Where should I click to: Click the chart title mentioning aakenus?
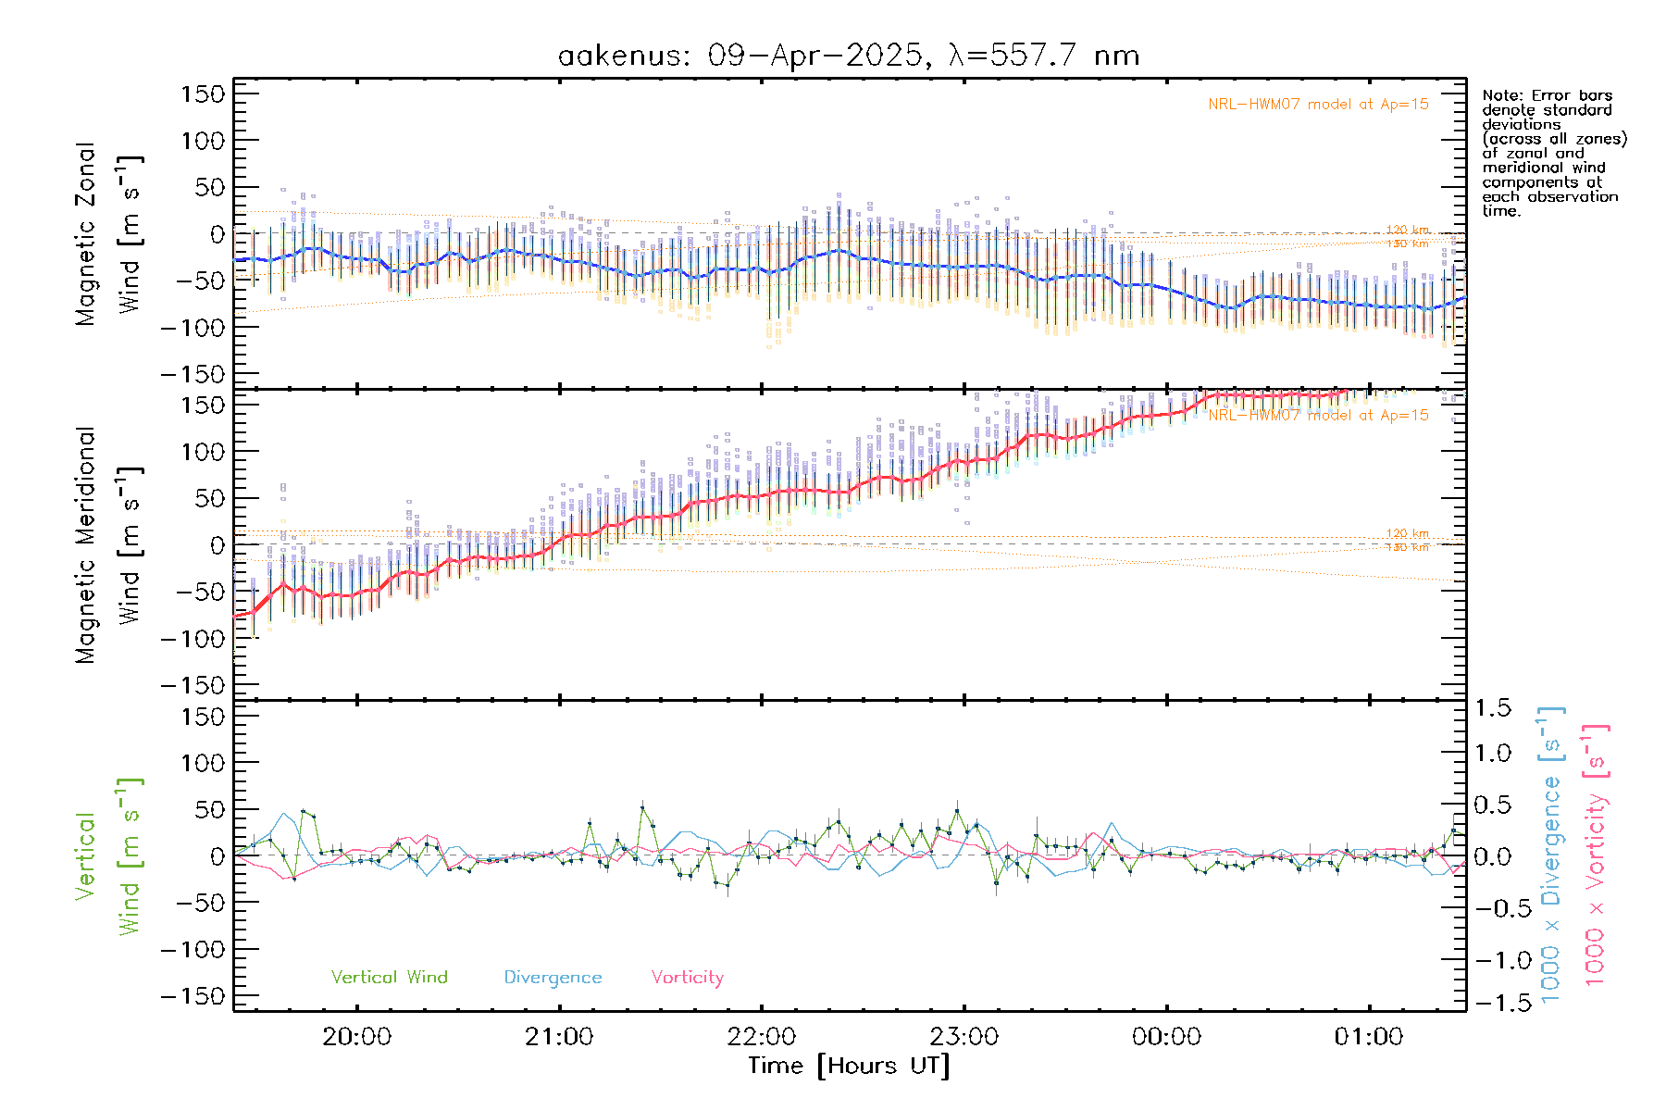coord(848,56)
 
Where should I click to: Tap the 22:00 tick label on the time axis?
coord(762,1037)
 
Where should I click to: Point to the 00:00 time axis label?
coord(1166,1037)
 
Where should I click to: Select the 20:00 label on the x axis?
coord(356,1037)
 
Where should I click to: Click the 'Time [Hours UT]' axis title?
coord(849,1067)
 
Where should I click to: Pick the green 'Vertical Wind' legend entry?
coord(389,978)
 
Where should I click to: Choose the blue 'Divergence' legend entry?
coord(553,978)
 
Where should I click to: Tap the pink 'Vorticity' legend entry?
coord(687,978)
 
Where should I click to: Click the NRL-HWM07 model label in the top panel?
coord(1318,105)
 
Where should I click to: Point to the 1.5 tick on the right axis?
coord(1492,708)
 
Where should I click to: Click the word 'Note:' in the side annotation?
coord(1502,95)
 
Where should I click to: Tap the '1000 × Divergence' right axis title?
coord(1551,854)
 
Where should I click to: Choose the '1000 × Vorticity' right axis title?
coord(1595,854)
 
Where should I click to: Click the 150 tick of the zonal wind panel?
coord(203,94)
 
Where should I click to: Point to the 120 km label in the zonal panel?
coord(1407,231)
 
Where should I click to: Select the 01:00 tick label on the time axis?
coord(1368,1037)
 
